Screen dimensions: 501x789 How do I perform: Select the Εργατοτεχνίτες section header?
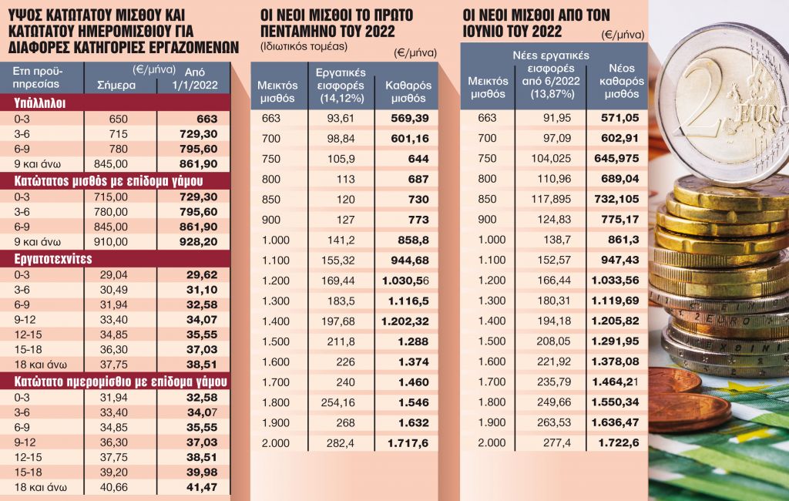coord(52,259)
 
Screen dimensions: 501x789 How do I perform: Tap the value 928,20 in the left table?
coord(202,241)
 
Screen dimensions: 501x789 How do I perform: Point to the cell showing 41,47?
coord(202,487)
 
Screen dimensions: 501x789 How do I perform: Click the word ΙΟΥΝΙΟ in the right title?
coord(493,32)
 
